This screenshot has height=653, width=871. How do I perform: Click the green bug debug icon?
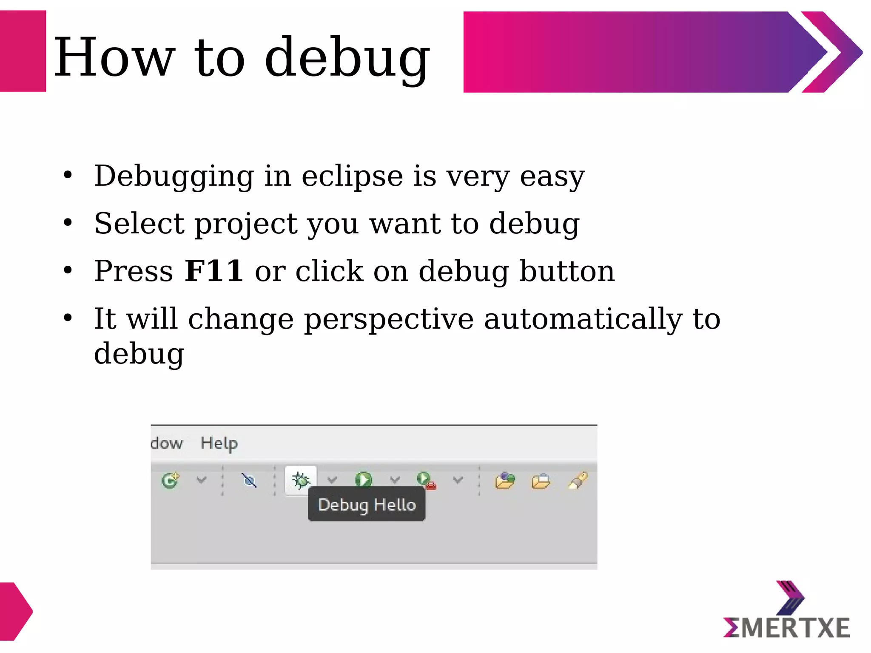click(301, 480)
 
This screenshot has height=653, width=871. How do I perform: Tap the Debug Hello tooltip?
click(367, 505)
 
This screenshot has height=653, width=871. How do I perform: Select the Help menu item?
click(219, 443)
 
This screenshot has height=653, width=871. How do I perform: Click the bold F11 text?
click(214, 271)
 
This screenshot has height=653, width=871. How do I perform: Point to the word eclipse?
click(352, 176)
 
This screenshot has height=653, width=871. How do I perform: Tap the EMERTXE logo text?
click(787, 628)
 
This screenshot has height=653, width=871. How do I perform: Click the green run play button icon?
click(363, 480)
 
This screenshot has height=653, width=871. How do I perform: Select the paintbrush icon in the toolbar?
click(578, 480)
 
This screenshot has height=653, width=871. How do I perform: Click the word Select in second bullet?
click(139, 224)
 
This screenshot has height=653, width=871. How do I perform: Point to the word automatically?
click(583, 319)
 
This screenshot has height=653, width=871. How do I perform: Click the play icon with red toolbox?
click(426, 480)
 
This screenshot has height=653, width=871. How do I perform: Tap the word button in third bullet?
click(567, 271)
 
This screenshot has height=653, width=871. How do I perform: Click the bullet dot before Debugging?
click(68, 175)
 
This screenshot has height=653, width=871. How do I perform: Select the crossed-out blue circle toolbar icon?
click(249, 481)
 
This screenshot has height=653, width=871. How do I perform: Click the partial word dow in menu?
click(167, 443)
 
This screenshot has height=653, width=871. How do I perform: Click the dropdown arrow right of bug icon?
click(332, 480)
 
